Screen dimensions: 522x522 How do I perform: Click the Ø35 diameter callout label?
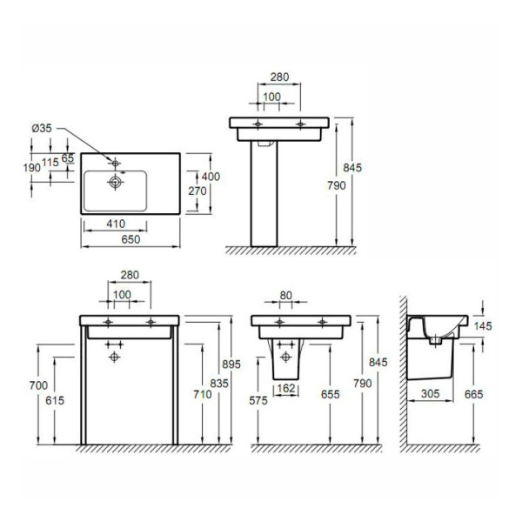coord(42,128)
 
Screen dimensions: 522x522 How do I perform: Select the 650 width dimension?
coord(130,239)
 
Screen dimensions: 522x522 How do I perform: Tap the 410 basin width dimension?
coord(116,224)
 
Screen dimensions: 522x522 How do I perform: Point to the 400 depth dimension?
coord(211,177)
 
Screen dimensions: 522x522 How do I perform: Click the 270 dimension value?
coord(197,191)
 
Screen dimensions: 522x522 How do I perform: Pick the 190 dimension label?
coord(32,168)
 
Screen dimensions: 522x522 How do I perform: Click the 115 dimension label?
coord(50,162)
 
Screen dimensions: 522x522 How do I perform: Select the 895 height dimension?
coord(231,365)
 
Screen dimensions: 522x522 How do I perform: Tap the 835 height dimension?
coord(219,383)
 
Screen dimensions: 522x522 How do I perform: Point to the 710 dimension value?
coord(203,394)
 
